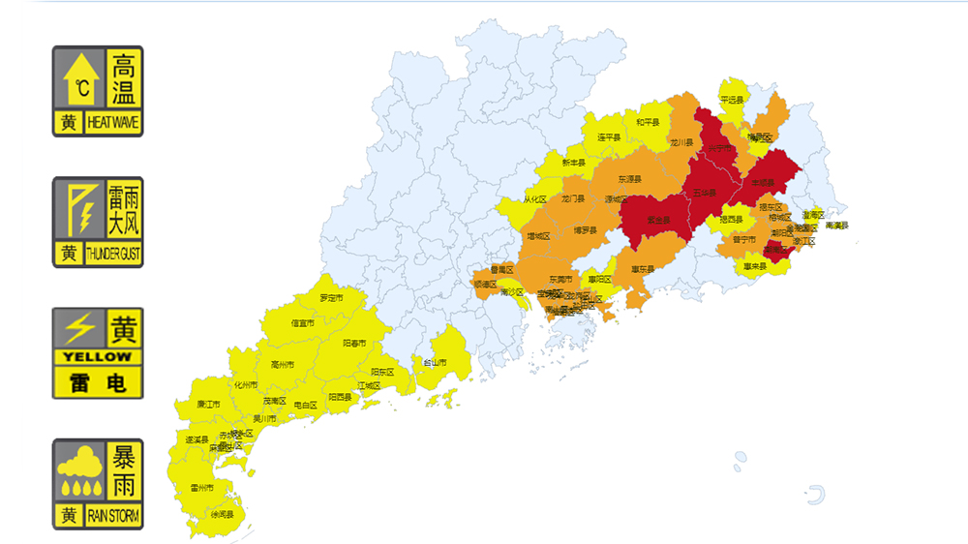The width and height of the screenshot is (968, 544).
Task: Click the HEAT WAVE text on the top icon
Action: click(113, 123)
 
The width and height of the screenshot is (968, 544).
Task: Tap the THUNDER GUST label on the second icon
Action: click(113, 255)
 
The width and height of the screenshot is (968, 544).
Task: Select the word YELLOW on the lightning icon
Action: click(97, 356)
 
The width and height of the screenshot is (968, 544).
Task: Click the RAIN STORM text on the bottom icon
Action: click(113, 516)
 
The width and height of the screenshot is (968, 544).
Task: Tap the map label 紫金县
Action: click(659, 221)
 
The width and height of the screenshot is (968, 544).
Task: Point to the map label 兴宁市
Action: click(719, 148)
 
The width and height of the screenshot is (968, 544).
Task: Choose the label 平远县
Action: click(732, 100)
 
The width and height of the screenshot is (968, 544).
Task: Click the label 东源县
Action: click(631, 179)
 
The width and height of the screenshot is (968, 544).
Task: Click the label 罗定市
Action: click(331, 298)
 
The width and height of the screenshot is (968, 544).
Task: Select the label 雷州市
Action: click(202, 487)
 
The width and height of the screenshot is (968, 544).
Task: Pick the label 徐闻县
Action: click(223, 514)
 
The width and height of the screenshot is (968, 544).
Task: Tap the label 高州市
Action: click(283, 365)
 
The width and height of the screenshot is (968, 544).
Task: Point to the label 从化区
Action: click(535, 199)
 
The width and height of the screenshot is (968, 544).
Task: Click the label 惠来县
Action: click(755, 266)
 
